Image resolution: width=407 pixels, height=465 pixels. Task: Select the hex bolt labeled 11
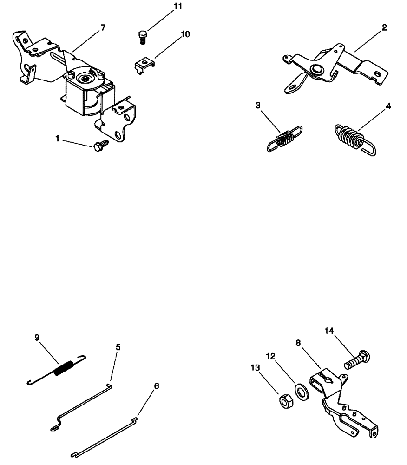(143, 36)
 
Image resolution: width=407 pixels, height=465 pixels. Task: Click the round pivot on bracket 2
(318, 69)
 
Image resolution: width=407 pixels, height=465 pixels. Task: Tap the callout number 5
(118, 346)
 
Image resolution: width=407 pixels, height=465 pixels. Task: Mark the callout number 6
(156, 386)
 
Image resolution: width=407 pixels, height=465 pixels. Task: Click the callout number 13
(255, 367)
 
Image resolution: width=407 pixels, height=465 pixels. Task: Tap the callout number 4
(388, 106)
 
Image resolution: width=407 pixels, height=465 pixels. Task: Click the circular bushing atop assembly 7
(86, 80)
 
